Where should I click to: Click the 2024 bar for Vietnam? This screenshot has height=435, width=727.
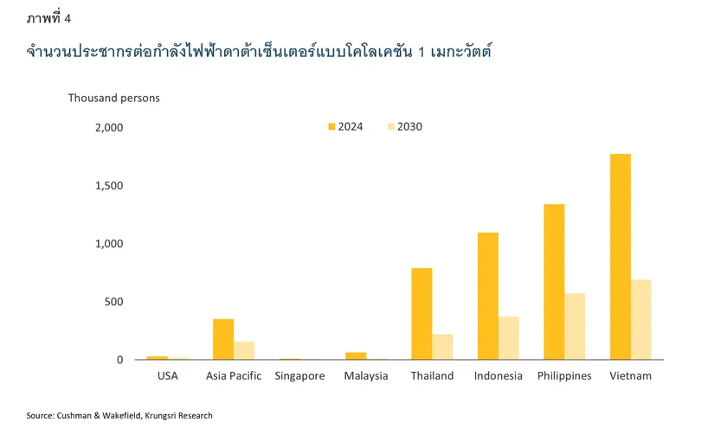pyautogui.click(x=620, y=257)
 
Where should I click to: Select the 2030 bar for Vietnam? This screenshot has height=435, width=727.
pyautogui.click(x=640, y=320)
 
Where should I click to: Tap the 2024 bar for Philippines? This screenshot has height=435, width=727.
pyautogui.click(x=554, y=282)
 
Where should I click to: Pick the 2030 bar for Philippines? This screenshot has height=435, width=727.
pyautogui.click(x=575, y=327)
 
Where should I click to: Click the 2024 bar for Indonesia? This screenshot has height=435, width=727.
pyautogui.click(x=488, y=296)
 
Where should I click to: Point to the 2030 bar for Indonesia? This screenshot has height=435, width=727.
pyautogui.click(x=509, y=338)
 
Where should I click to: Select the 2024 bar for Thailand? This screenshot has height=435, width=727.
pyautogui.click(x=421, y=314)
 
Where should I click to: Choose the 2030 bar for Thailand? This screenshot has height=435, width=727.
pyautogui.click(x=442, y=347)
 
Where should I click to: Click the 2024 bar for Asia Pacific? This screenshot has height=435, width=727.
pyautogui.click(x=223, y=339)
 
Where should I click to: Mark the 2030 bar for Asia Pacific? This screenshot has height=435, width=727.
pyautogui.click(x=244, y=350)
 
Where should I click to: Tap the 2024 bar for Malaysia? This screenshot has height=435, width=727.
pyautogui.click(x=356, y=355)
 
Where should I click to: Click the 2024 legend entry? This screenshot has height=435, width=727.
pyautogui.click(x=344, y=126)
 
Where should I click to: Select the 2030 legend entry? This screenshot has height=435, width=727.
pyautogui.click(x=403, y=126)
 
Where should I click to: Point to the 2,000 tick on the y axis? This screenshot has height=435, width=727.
pyautogui.click(x=110, y=128)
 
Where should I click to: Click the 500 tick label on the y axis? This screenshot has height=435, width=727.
pyautogui.click(x=115, y=302)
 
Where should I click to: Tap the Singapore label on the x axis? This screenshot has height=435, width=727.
pyautogui.click(x=299, y=376)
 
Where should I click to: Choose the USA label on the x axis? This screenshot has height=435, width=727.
pyautogui.click(x=168, y=376)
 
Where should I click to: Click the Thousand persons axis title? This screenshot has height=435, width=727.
pyautogui.click(x=114, y=98)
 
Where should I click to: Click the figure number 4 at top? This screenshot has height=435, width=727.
pyautogui.click(x=68, y=18)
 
